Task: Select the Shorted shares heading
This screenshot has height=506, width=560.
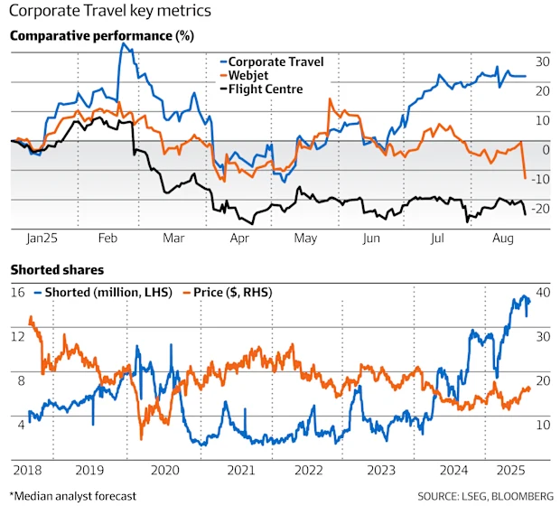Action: [x=56, y=270]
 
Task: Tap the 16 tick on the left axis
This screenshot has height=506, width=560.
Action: [x=17, y=293]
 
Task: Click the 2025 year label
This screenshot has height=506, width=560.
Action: [x=512, y=471]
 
